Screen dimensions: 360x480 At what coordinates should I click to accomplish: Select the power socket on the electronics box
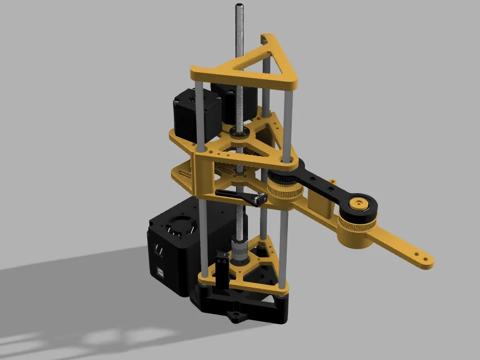coord(157,248)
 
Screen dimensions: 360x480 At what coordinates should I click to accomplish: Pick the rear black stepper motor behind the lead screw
coord(228,103)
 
